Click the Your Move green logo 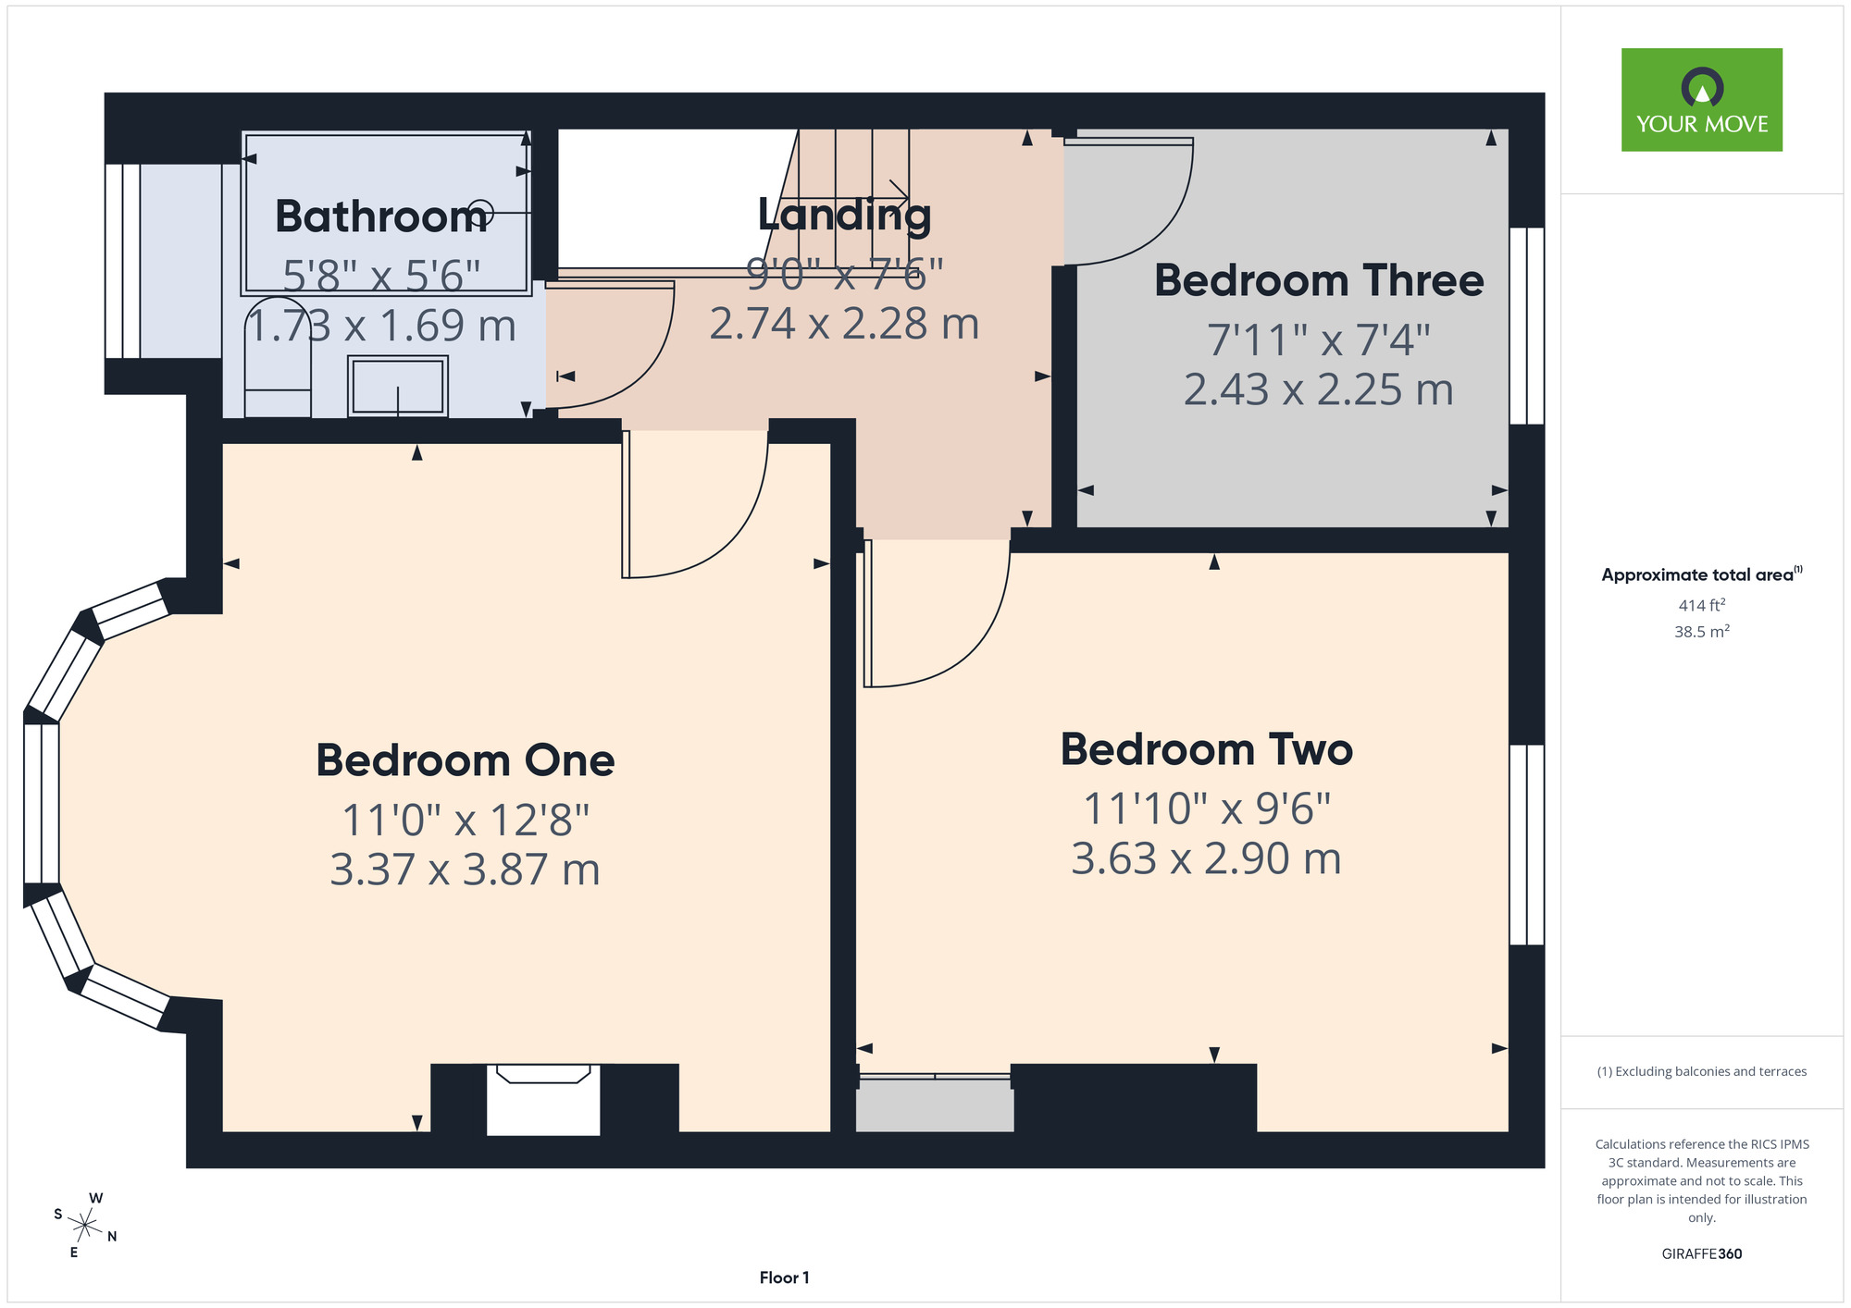point(1701,100)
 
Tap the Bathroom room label point(381,216)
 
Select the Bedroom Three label point(1319,280)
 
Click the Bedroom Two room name point(1207,749)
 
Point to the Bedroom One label point(466,760)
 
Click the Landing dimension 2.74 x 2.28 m point(844,324)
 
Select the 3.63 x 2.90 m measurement point(1206,858)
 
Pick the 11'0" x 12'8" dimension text point(466,820)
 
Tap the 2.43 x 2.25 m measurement point(1319,389)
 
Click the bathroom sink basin point(398,386)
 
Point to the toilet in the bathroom point(278,357)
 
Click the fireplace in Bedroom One point(543,1099)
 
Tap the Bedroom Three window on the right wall point(1527,326)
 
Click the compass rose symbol point(85,1227)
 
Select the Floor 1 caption point(785,1277)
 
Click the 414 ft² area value point(1702,605)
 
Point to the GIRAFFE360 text point(1702,1254)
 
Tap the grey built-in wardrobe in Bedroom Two point(935,1103)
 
